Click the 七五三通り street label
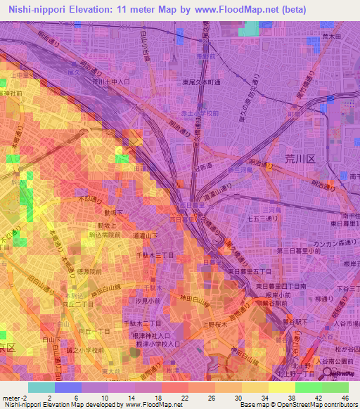coord(262,219)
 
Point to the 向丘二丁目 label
coord(77,306)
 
